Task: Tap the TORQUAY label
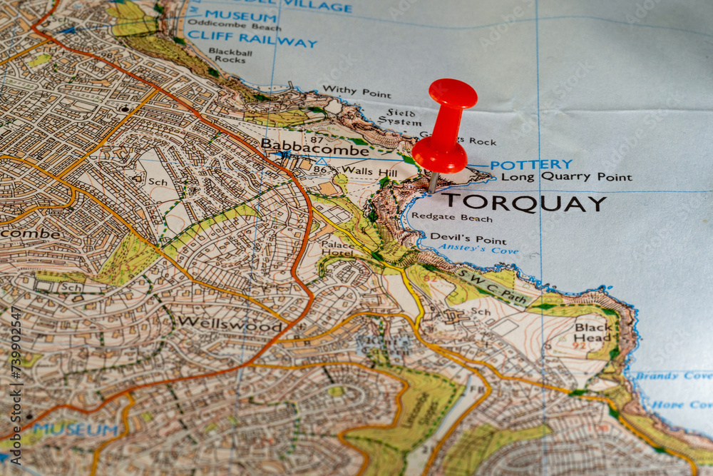(523, 203)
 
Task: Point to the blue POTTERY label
(531, 165)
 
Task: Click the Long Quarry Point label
(566, 177)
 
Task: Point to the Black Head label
(593, 333)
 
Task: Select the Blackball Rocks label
(230, 56)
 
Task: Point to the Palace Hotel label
(338, 248)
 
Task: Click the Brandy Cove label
(673, 376)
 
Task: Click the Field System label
(404, 117)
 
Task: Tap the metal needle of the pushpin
(433, 181)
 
